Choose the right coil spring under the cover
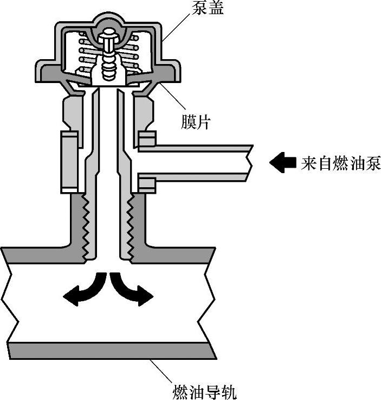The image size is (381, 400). [134, 54]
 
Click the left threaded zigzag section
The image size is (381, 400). [85, 228]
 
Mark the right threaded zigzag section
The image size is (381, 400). [130, 228]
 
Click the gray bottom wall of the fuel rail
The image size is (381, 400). [108, 351]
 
